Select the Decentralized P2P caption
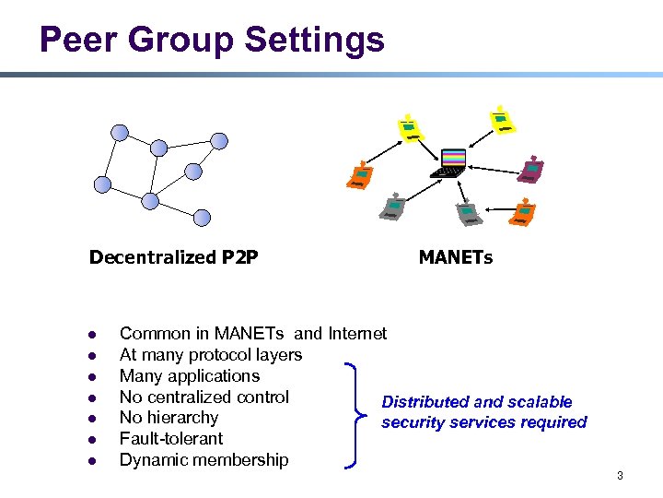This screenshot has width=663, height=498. [173, 257]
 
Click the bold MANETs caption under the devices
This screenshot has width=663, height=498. [455, 257]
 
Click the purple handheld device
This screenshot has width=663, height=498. [531, 171]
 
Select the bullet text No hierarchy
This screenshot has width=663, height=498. [169, 418]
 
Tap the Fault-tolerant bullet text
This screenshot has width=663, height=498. [171, 439]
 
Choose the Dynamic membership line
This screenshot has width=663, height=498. [204, 460]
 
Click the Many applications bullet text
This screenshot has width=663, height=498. [190, 376]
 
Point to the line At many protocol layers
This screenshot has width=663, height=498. [210, 355]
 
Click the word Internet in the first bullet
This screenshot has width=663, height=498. [357, 334]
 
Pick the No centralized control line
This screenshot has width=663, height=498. [204, 397]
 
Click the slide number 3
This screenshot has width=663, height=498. [620, 476]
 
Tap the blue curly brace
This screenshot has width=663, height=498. [355, 416]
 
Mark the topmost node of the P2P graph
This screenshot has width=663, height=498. [120, 132]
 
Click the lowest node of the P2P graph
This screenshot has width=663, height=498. [202, 218]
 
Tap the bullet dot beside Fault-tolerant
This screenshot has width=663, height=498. [92, 440]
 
